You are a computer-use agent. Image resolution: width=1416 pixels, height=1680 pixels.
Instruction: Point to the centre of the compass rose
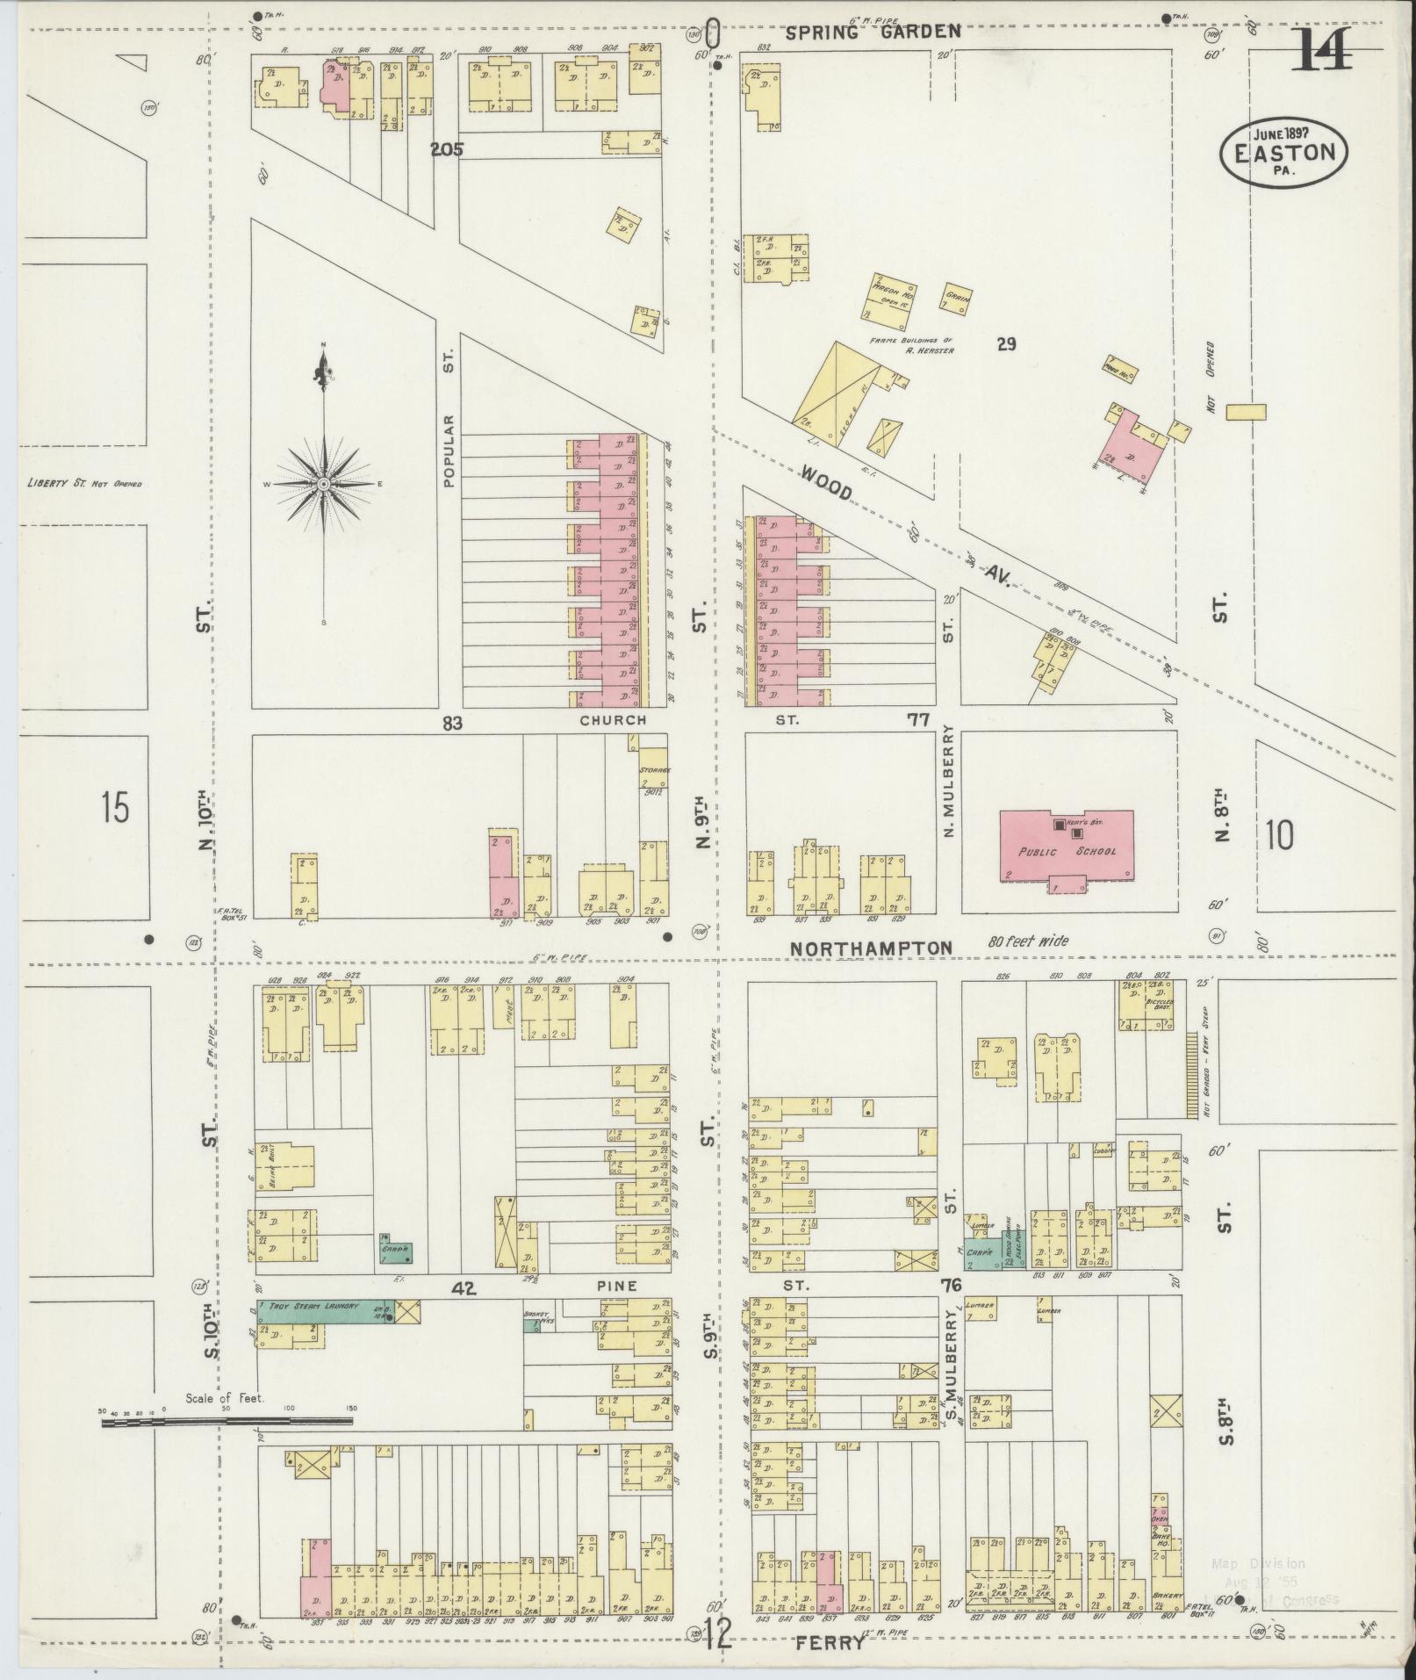[x=324, y=484]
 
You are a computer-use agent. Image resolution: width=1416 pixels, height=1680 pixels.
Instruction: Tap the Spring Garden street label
[x=873, y=32]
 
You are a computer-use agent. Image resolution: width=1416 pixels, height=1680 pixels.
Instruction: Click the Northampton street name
[x=871, y=948]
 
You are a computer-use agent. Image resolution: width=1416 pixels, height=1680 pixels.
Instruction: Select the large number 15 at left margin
[x=115, y=805]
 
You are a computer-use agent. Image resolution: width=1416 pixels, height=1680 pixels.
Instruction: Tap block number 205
[x=446, y=149]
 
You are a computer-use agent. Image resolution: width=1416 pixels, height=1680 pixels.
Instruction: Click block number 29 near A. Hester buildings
[x=1006, y=344]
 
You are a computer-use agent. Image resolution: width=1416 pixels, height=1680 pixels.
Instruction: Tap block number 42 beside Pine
[x=463, y=1288]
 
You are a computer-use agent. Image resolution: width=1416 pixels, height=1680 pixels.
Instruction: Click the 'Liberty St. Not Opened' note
[x=84, y=483]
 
